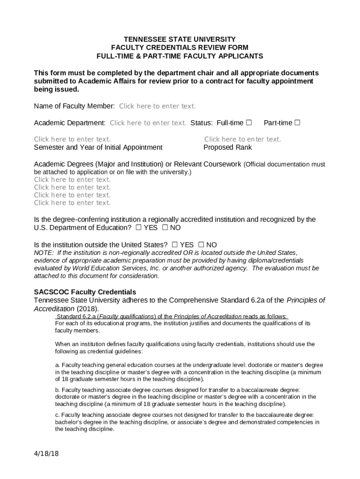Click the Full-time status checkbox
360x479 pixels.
(249, 123)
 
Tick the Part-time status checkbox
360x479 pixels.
(297, 123)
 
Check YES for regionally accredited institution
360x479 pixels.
(138, 228)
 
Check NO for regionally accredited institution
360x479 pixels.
(165, 228)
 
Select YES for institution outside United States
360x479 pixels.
(174, 245)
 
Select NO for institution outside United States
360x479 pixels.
(201, 245)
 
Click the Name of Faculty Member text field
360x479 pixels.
(157, 106)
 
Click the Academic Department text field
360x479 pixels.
(148, 123)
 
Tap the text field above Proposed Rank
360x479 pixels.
(242, 139)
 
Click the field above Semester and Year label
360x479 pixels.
(72, 139)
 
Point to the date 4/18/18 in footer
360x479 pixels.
(46, 454)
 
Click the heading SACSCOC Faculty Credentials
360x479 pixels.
(85, 292)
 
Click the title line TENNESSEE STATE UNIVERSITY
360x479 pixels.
(180, 39)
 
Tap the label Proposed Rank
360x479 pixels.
(228, 148)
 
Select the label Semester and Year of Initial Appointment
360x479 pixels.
(98, 148)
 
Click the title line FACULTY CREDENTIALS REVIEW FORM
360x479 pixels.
(180, 48)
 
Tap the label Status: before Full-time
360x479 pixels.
(202, 123)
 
